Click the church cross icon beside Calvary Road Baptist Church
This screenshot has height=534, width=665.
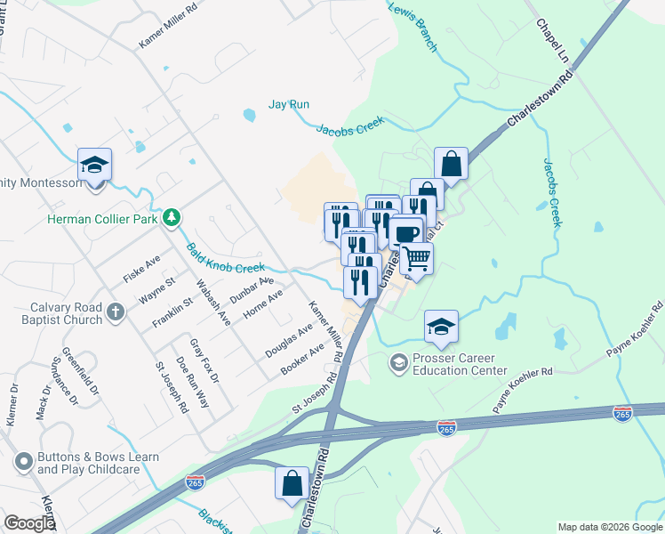[115, 312]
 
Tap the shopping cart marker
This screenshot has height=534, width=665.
[416, 259]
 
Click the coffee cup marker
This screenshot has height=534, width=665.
[405, 234]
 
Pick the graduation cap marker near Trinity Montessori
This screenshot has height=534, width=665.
[94, 166]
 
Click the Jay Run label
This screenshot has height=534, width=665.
[289, 104]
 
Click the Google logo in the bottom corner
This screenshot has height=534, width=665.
[28, 523]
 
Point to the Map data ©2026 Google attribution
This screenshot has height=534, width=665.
[610, 527]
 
